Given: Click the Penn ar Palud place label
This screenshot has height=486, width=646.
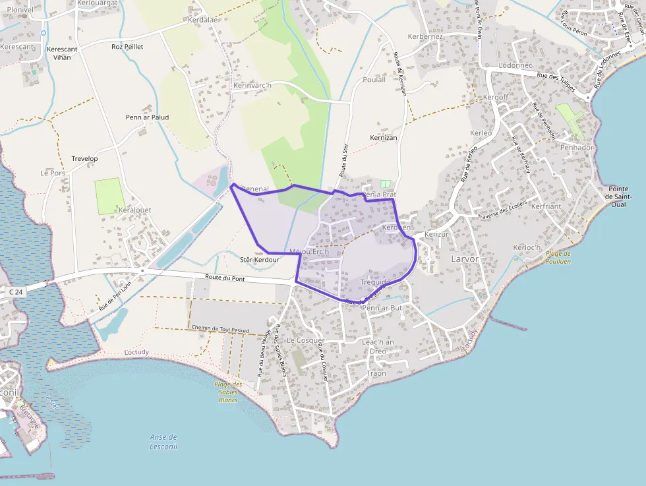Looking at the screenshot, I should (147, 117).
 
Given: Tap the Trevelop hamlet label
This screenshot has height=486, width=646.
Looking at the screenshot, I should (84, 159).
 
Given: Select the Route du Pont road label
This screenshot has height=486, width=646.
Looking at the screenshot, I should (225, 278).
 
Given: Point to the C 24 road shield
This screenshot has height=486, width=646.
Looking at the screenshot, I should (16, 291).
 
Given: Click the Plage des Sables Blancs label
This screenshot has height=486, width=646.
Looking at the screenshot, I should (228, 392).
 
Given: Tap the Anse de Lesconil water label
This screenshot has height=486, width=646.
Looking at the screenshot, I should (163, 441).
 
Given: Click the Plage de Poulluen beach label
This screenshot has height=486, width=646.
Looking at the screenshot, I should (558, 257).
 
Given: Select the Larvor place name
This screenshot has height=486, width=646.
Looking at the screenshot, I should (464, 258).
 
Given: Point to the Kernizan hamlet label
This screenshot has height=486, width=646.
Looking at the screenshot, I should (383, 137).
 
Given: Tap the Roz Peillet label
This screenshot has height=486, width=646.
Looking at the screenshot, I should (127, 47).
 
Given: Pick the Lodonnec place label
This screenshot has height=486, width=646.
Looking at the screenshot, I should (515, 66).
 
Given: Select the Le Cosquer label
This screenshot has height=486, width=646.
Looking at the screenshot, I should (307, 340).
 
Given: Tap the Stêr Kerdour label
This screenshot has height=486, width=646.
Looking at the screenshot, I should (259, 260).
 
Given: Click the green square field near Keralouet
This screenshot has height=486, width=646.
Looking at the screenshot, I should (109, 196).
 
